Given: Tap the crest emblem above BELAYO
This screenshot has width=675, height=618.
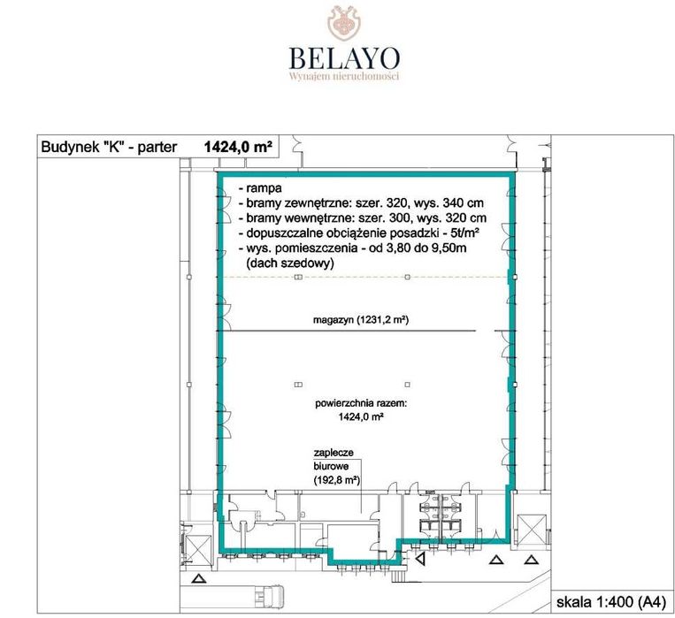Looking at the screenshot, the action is pyautogui.click(x=344, y=23).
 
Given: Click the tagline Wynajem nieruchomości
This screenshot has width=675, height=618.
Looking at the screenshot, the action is pyautogui.click(x=344, y=76).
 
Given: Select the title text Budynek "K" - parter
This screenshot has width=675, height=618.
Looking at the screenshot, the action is pyautogui.click(x=109, y=147).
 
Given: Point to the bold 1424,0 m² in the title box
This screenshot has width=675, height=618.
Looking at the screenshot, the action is pyautogui.click(x=238, y=147).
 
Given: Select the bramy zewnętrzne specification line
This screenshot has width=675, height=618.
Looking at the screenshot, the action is pyautogui.click(x=361, y=202).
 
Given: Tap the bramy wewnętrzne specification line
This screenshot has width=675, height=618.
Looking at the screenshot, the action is pyautogui.click(x=363, y=217).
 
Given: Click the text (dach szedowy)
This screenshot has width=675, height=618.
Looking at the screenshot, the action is pyautogui.click(x=290, y=263).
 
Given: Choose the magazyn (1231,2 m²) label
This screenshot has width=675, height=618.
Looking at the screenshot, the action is pyautogui.click(x=361, y=320).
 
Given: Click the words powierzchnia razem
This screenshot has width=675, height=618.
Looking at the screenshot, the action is pyautogui.click(x=361, y=404).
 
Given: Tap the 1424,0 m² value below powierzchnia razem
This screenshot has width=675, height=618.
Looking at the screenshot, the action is pyautogui.click(x=361, y=416).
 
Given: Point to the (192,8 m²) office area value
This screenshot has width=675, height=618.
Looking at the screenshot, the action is pyautogui.click(x=337, y=480).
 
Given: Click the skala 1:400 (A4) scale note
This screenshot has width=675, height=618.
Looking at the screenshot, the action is pyautogui.click(x=610, y=602).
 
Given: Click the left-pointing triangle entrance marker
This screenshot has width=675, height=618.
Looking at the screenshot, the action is pyautogui.click(x=420, y=559).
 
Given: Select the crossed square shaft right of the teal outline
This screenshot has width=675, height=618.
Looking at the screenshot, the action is pyautogui.click(x=531, y=530).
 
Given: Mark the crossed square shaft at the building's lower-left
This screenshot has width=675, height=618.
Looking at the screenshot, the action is pyautogui.click(x=197, y=549).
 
